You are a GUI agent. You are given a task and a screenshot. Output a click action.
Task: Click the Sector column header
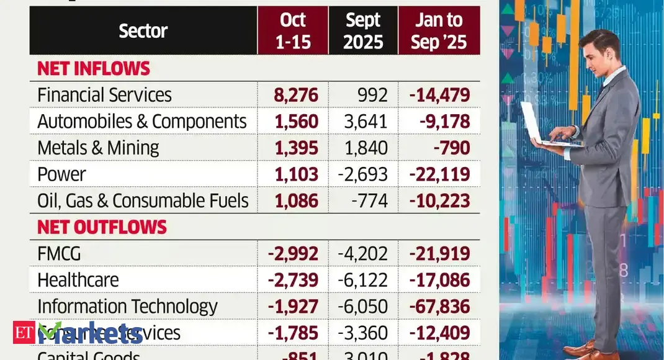pyautogui.click(x=143, y=31)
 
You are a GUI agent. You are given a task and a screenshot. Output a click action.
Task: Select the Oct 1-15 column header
pyautogui.click(x=292, y=31)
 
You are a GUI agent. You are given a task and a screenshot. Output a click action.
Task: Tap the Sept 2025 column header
pyautogui.click(x=363, y=31)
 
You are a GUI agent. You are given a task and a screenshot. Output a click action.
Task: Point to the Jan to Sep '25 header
pyautogui.click(x=439, y=31)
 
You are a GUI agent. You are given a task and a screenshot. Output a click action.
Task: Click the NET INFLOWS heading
pyautogui.click(x=94, y=68)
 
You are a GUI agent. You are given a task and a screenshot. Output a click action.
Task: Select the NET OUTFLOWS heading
pyautogui.click(x=102, y=227)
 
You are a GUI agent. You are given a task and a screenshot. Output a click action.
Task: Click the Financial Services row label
pyautogui.click(x=104, y=95)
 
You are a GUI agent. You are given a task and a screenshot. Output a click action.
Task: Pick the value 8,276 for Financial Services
pyautogui.click(x=296, y=95)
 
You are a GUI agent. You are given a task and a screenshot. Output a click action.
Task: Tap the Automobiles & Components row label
pyautogui.click(x=142, y=122)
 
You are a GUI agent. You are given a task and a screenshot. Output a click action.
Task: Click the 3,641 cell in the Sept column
pyautogui.click(x=366, y=122)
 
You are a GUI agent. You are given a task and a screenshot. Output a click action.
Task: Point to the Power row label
pyautogui.click(x=61, y=174)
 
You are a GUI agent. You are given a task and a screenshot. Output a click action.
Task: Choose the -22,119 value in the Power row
pyautogui.click(x=439, y=174)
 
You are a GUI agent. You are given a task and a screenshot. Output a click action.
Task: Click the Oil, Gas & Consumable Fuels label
pyautogui.click(x=143, y=200)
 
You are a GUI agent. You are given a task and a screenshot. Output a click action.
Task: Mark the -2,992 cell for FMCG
pyautogui.click(x=293, y=254)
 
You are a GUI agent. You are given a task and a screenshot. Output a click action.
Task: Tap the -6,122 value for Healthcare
pyautogui.click(x=363, y=280)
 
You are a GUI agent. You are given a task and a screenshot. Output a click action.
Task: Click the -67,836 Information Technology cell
pyautogui.click(x=439, y=307)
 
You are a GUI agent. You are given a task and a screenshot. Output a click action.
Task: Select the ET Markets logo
pyautogui.click(x=78, y=333)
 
